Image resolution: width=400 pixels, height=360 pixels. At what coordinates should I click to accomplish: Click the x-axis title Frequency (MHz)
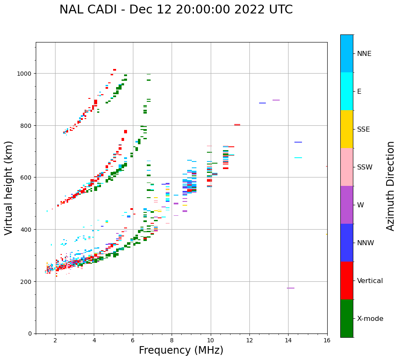(x=181, y=350)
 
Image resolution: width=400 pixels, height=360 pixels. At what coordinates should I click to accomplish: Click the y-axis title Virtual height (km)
(x=9, y=188)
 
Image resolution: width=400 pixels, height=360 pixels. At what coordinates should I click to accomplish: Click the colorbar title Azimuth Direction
(x=390, y=186)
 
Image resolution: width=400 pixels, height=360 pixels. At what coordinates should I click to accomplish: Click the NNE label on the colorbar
(x=364, y=53)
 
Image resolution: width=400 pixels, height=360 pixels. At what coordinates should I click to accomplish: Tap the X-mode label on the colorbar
(x=370, y=319)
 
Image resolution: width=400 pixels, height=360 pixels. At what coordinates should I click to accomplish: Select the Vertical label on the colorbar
(x=370, y=281)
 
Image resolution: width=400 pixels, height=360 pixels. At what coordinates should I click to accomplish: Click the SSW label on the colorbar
(x=365, y=167)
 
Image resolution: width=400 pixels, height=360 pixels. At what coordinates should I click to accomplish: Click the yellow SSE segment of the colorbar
(x=347, y=129)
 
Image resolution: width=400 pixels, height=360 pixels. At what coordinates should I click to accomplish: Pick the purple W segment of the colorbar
(x=347, y=205)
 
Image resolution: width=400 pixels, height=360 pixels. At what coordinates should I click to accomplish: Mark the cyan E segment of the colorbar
(x=347, y=91)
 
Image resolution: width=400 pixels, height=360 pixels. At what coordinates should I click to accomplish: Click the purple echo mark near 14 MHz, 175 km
(x=291, y=288)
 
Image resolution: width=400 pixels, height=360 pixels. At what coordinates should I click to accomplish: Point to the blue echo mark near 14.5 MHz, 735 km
(x=298, y=142)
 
